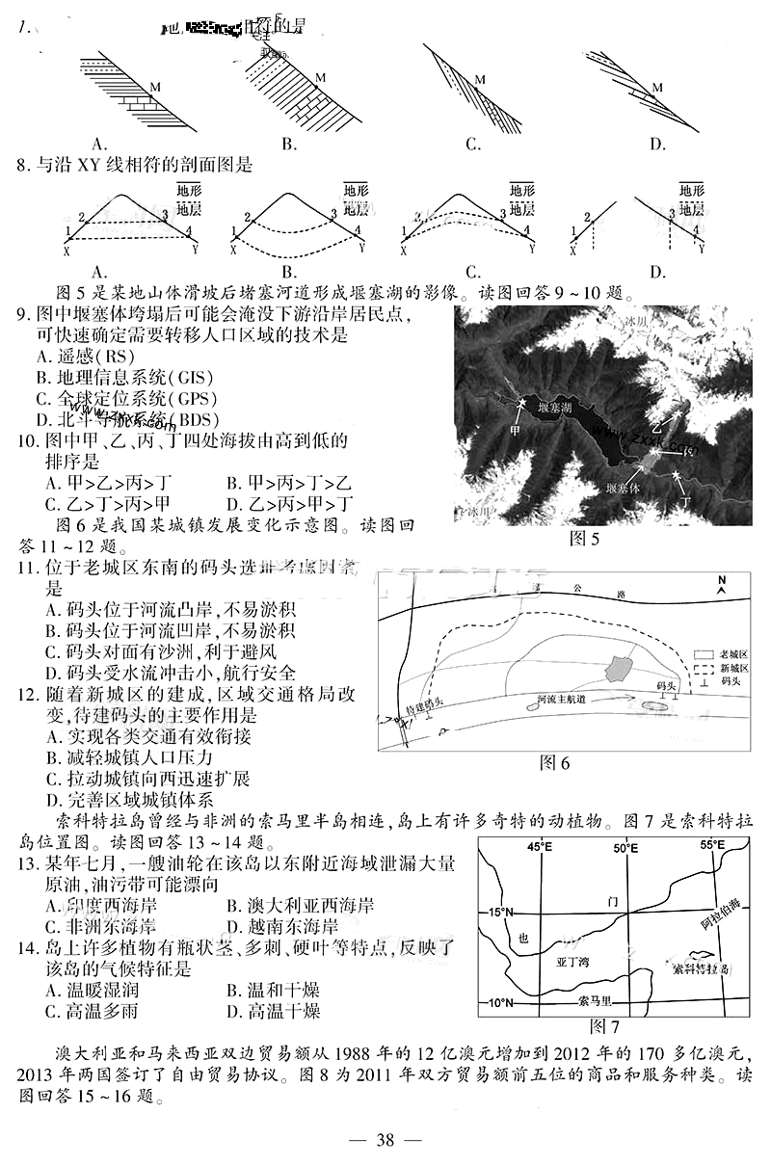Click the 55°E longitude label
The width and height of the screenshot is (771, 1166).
click(x=712, y=845)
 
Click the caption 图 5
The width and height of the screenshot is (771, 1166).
click(x=584, y=538)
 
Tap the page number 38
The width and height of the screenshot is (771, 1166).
click(x=385, y=1141)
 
